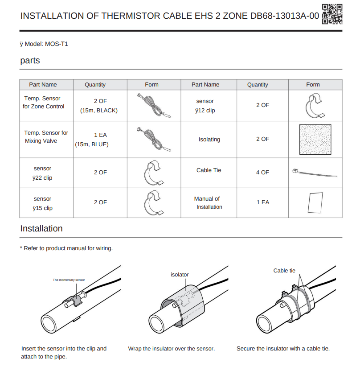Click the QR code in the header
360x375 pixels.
[332, 14]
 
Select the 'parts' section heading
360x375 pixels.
[30, 61]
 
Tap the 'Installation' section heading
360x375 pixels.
[41, 229]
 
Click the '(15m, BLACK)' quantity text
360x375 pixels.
[99, 111]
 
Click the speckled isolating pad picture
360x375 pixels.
[315, 140]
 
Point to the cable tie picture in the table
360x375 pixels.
[312, 172]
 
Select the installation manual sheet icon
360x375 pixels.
[315, 202]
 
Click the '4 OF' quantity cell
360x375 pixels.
[262, 172]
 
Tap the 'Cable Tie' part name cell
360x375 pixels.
[209, 170]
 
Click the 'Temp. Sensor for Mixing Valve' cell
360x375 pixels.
[46, 137]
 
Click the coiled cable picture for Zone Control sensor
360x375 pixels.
[153, 106]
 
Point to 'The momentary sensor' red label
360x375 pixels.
[69, 280]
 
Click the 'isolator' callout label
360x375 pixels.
[180, 275]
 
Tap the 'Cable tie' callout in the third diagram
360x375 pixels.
[284, 271]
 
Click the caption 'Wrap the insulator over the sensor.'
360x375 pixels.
[172, 348]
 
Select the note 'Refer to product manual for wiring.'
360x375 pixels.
[67, 248]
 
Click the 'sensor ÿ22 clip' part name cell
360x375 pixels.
[42, 173]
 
